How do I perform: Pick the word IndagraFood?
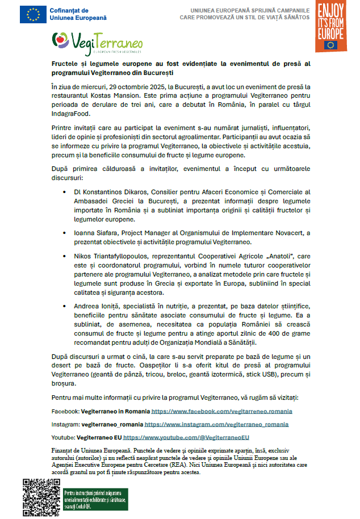[x=71, y=114]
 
